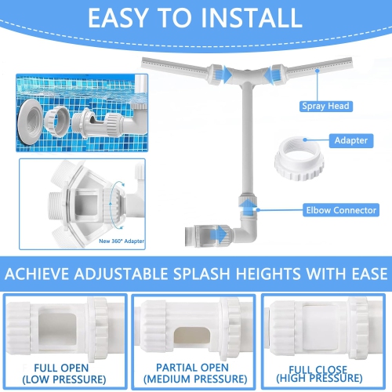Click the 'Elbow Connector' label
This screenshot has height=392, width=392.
340,209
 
